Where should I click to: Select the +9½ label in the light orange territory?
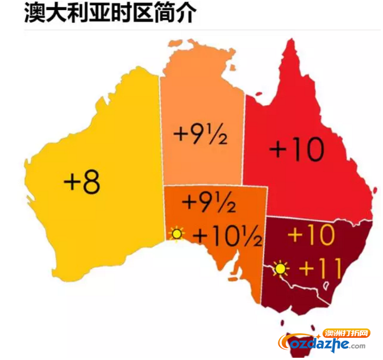pyautogui.click(x=201, y=135)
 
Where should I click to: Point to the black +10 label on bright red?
pyautogui.click(x=296, y=150)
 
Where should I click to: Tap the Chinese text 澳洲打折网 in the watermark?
pyautogui.click(x=347, y=333)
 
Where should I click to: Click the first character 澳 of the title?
pyautogui.click(x=35, y=14)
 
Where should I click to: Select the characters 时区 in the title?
pyautogui.click(x=136, y=14)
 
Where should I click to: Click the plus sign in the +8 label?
pyautogui.click(x=72, y=183)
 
